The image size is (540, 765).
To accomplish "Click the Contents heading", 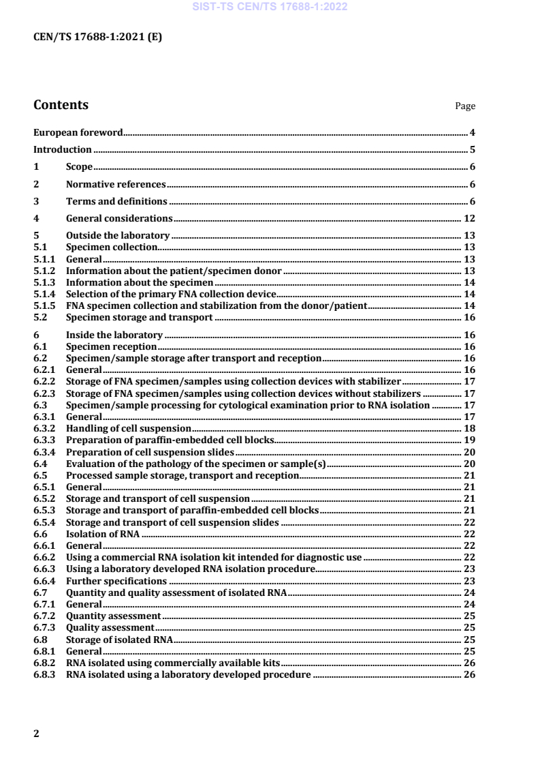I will (61, 106).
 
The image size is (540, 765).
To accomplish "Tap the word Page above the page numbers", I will (465, 106).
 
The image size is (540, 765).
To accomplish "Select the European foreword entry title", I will (78, 133).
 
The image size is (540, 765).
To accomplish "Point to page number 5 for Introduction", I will (472, 150).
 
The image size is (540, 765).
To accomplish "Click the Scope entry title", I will (79, 167).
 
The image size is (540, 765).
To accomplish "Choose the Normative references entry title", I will (116, 185).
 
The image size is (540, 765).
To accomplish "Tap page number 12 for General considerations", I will (469, 219).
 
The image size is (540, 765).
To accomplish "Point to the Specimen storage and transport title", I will (139, 318).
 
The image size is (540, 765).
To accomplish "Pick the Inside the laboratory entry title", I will (114, 335).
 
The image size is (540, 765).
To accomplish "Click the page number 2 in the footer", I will (37, 734).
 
